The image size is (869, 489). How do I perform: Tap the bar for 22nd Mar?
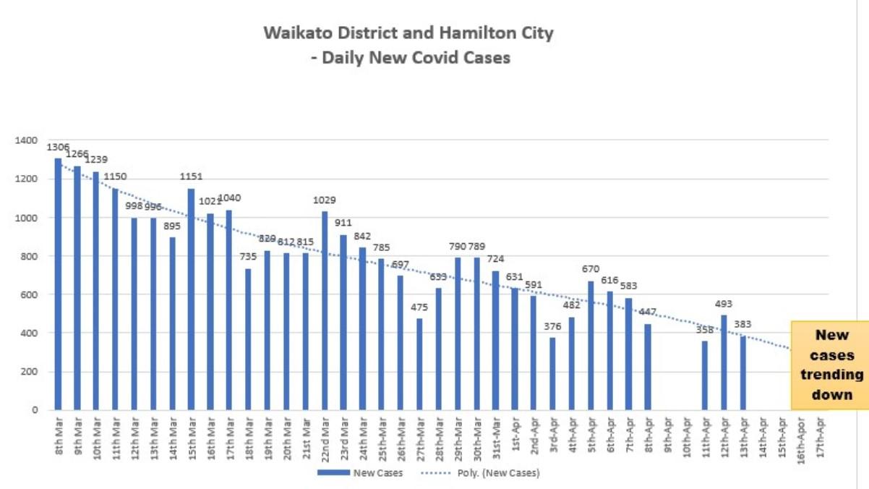click(x=325, y=311)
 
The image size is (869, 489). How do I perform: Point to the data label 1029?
click(x=325, y=200)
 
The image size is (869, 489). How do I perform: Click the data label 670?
click(x=591, y=269)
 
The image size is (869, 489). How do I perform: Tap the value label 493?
click(x=724, y=304)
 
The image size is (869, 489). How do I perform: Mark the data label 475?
click(x=419, y=307)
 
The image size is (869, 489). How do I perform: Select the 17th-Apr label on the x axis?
click(x=819, y=438)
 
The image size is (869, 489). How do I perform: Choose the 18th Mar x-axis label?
click(x=249, y=437)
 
